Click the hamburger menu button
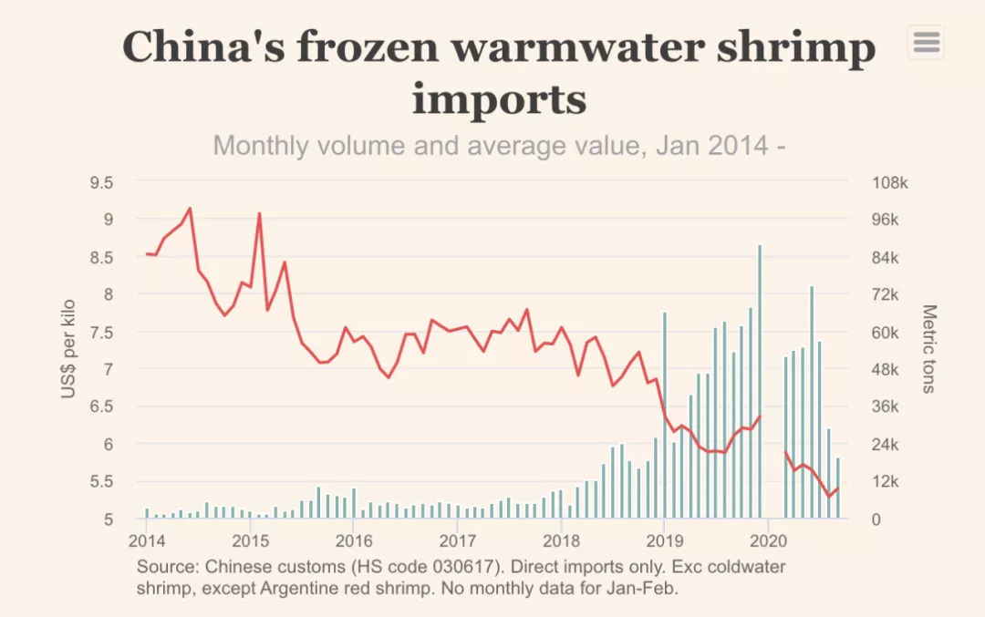pyautogui.click(x=926, y=42)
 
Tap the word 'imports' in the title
pyautogui.click(x=499, y=98)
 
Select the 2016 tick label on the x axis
pyautogui.click(x=352, y=539)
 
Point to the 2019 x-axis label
pyautogui.click(x=663, y=539)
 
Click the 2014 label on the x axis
pyautogui.click(x=145, y=539)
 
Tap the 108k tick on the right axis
pyautogui.click(x=890, y=182)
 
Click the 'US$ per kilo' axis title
pyautogui.click(x=68, y=348)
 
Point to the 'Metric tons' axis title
pyautogui.click(x=928, y=348)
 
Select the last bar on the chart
pyautogui.click(x=837, y=488)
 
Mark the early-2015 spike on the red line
pyautogui.click(x=259, y=214)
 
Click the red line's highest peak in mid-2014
pyautogui.click(x=190, y=209)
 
